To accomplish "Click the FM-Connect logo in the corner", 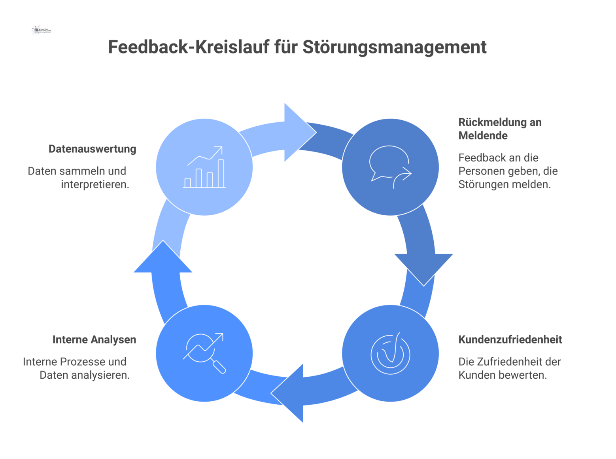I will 41,30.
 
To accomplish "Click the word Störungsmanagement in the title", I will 394,47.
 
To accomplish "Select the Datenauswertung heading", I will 92,149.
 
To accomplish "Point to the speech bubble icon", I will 390,167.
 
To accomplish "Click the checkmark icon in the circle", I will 390,353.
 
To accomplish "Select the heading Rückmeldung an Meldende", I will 499,129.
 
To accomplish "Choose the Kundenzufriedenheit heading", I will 510,340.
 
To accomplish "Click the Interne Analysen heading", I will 94,340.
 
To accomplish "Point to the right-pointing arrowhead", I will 299,133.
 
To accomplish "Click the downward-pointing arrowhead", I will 423,268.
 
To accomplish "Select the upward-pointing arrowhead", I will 163,258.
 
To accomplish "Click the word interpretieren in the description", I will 95,184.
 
